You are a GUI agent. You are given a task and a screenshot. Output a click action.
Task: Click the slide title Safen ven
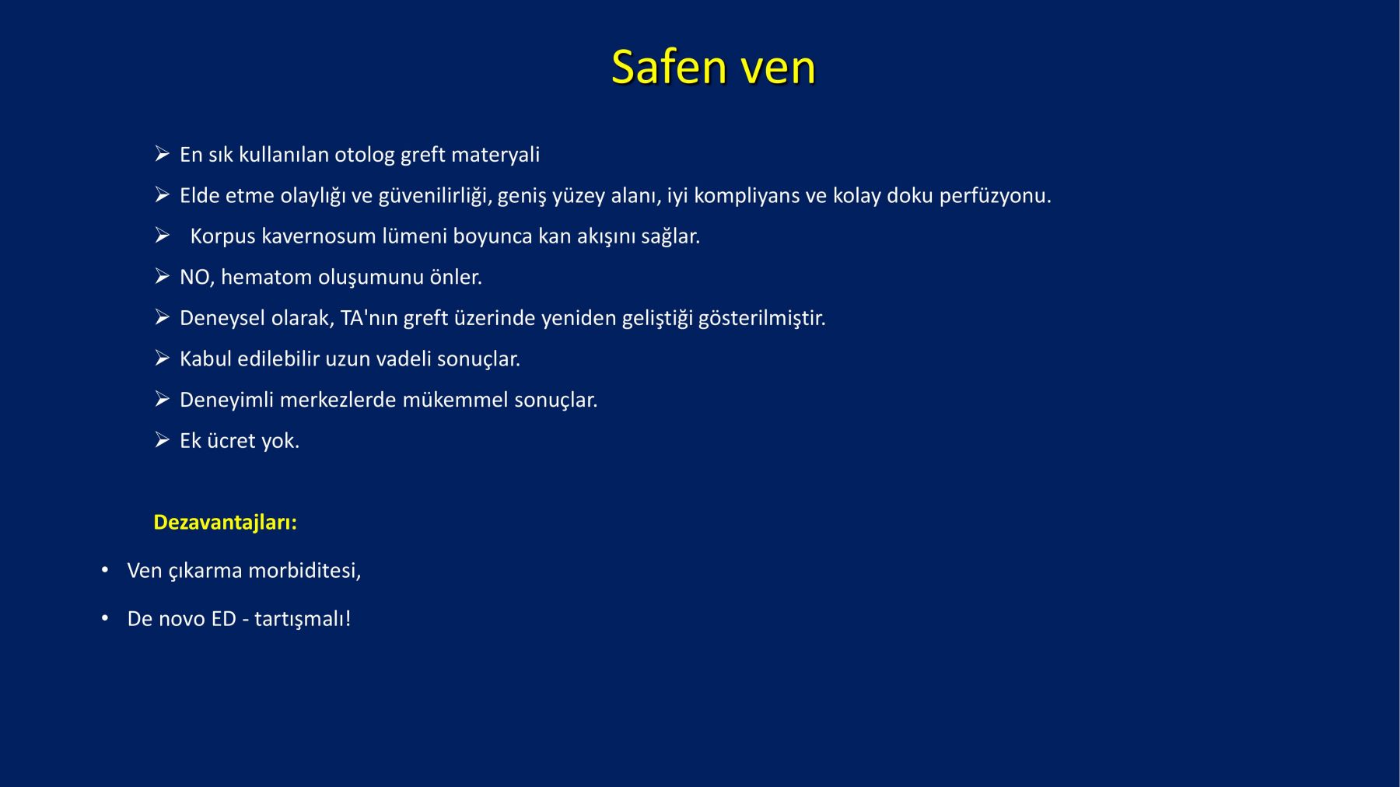pyautogui.click(x=713, y=67)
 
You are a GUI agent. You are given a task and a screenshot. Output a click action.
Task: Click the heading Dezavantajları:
pyautogui.click(x=226, y=523)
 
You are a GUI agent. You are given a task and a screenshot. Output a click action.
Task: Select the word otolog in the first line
pyautogui.click(x=365, y=156)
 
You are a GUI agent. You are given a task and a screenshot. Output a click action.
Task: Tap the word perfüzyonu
pyautogui.click(x=995, y=196)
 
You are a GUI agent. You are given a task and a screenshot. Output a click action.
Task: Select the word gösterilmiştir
pyautogui.click(x=761, y=319)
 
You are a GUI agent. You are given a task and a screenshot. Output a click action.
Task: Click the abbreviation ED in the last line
pyautogui.click(x=223, y=619)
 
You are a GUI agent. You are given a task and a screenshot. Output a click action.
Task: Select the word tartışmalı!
pyautogui.click(x=303, y=620)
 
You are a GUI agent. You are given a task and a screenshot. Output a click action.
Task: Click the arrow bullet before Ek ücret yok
pyautogui.click(x=162, y=440)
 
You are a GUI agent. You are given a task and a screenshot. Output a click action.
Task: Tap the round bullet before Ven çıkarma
pyautogui.click(x=105, y=570)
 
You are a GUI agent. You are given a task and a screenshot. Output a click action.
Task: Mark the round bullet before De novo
pyautogui.click(x=105, y=618)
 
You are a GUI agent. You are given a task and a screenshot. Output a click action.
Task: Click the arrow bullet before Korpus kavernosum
pyautogui.click(x=162, y=236)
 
